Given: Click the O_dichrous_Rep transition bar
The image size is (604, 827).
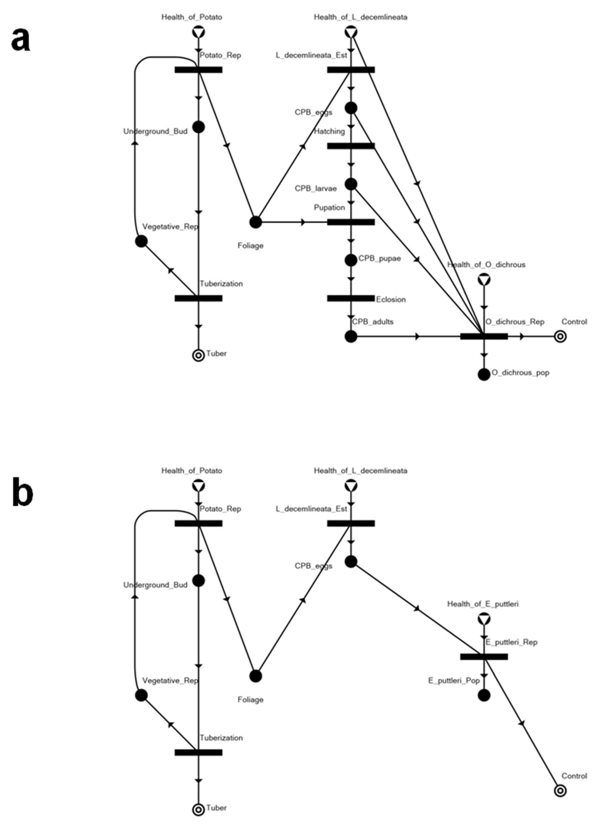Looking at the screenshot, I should (484, 336).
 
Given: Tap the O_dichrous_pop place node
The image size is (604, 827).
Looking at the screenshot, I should (484, 374).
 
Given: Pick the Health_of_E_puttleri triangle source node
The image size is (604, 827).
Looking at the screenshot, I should (484, 619).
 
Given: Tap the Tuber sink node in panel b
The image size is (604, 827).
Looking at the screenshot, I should (198, 809).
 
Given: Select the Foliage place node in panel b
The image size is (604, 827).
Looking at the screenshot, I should (256, 676).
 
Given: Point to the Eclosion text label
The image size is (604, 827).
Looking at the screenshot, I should (391, 299).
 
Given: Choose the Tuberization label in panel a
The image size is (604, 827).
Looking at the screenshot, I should (221, 283).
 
